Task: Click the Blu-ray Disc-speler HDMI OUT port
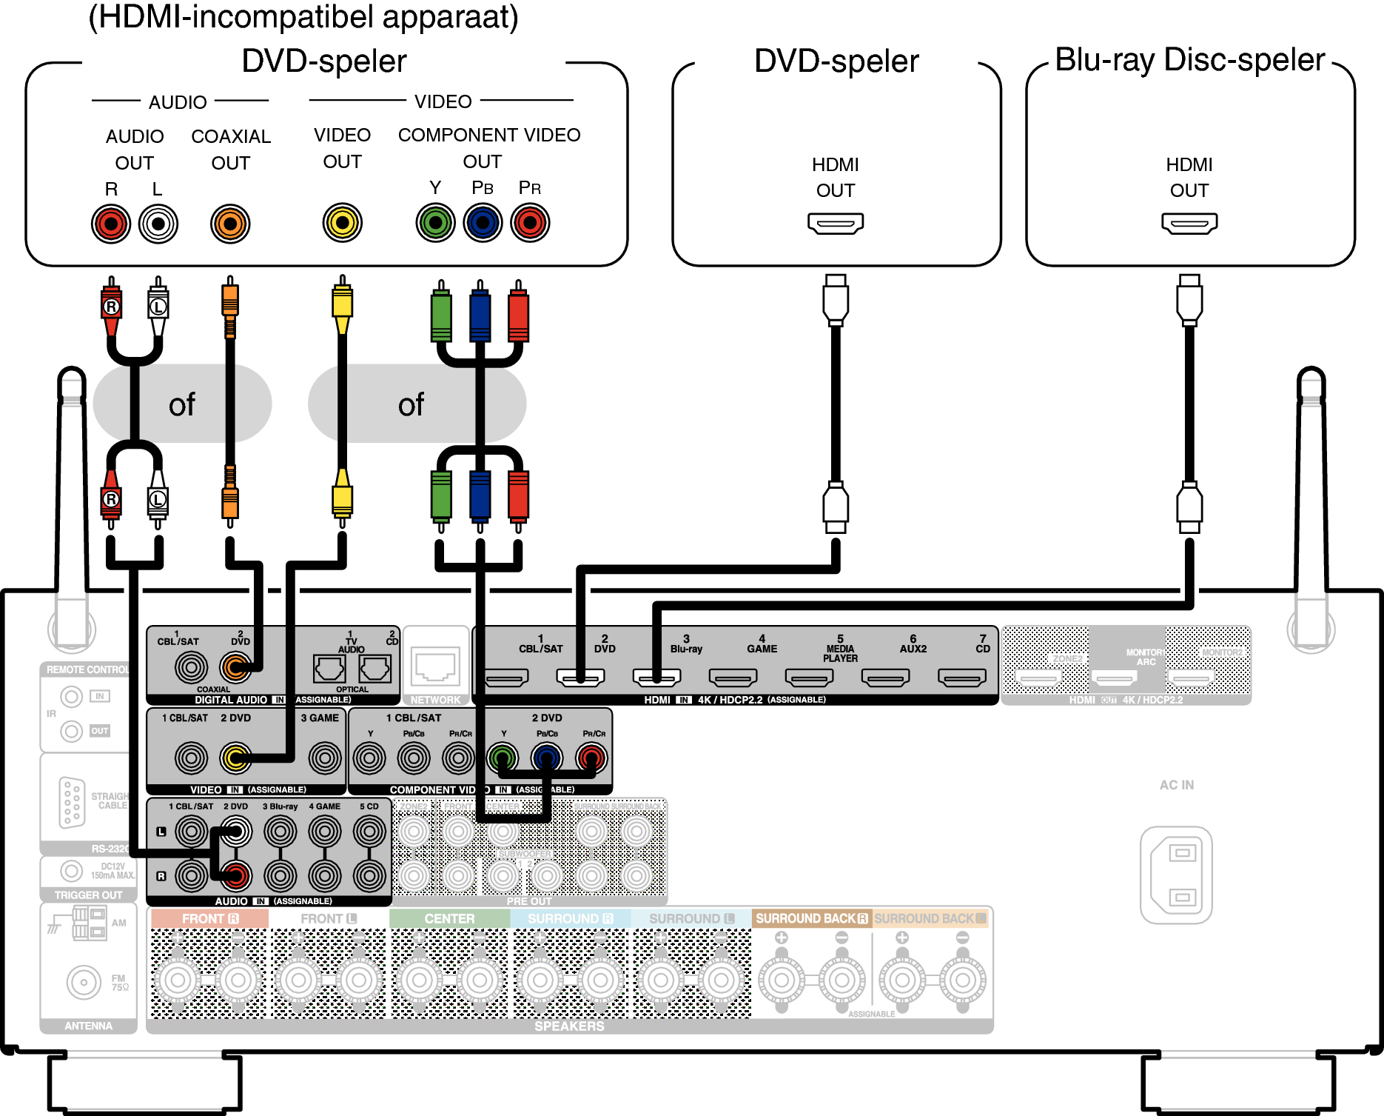pos(1189,223)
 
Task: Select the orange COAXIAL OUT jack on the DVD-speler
pos(230,224)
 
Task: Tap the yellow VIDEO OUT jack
pos(343,222)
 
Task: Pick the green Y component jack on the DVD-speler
pos(435,222)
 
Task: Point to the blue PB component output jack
pos(483,222)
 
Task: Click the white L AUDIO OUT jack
pos(158,224)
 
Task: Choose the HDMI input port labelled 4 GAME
pos(733,677)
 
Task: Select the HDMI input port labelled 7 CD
pos(961,677)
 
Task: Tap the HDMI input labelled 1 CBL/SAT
pos(506,677)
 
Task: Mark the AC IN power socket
pos(1176,875)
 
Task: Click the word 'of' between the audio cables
pos(182,404)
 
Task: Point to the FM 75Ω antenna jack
pos(83,983)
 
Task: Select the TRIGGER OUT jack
pos(71,871)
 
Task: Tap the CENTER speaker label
pos(449,918)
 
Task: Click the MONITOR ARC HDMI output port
pos(1115,677)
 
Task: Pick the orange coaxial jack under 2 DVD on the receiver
pos(235,668)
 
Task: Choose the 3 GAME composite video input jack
pos(324,758)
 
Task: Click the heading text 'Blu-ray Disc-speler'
pos(1189,60)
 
